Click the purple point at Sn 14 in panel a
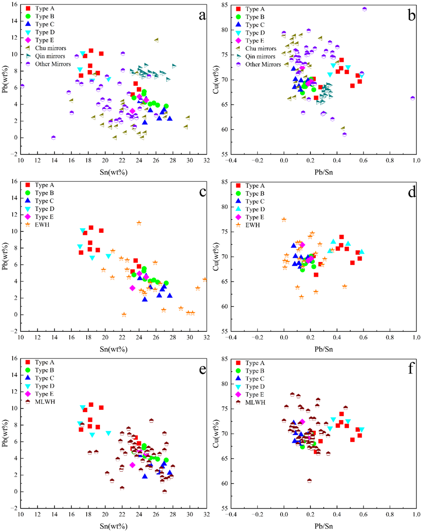click(x=54, y=137)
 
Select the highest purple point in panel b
click(x=364, y=9)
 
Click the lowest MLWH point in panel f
click(x=309, y=481)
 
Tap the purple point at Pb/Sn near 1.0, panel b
click(x=413, y=98)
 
